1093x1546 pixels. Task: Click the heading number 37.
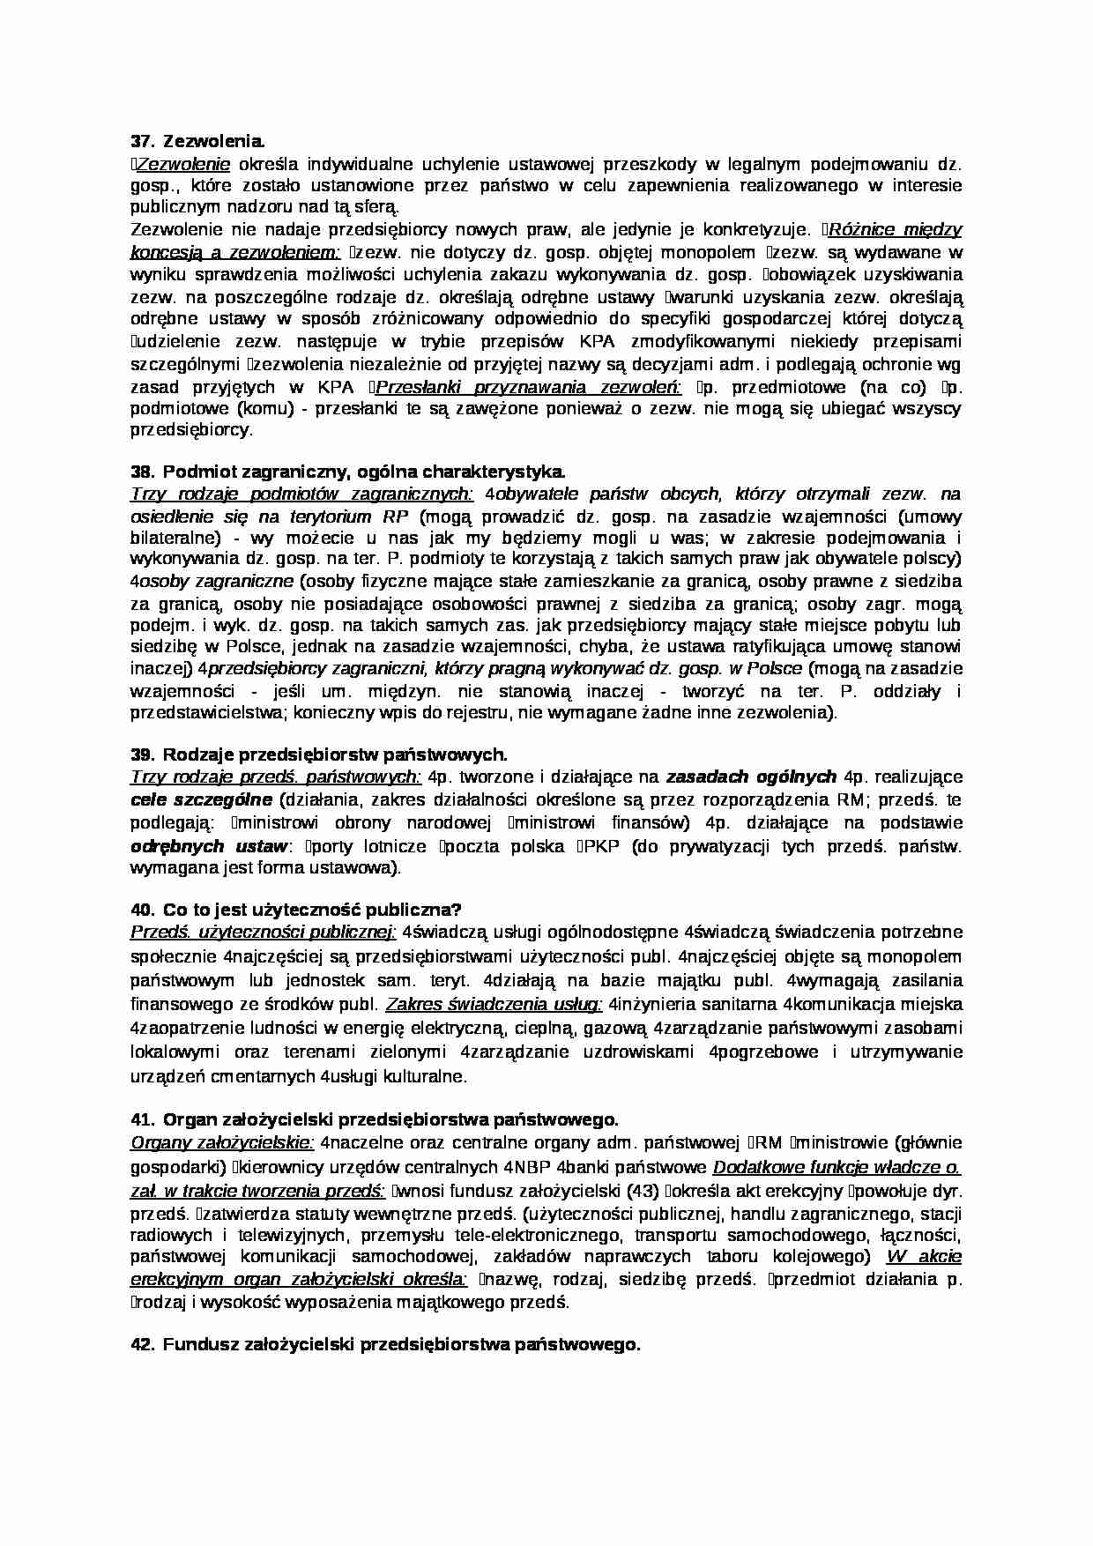point(141,140)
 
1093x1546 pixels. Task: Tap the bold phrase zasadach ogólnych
point(750,777)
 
